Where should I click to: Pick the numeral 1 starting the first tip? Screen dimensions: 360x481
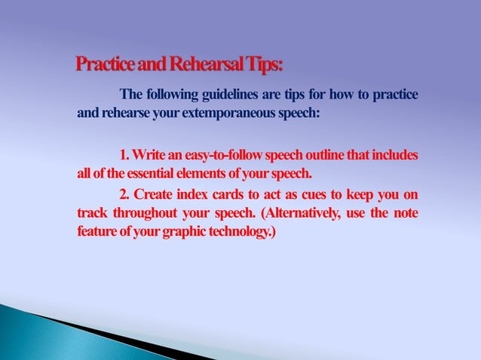click(123, 155)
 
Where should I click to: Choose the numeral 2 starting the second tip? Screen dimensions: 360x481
click(124, 194)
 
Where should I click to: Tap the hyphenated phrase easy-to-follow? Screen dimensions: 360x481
click(220, 155)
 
